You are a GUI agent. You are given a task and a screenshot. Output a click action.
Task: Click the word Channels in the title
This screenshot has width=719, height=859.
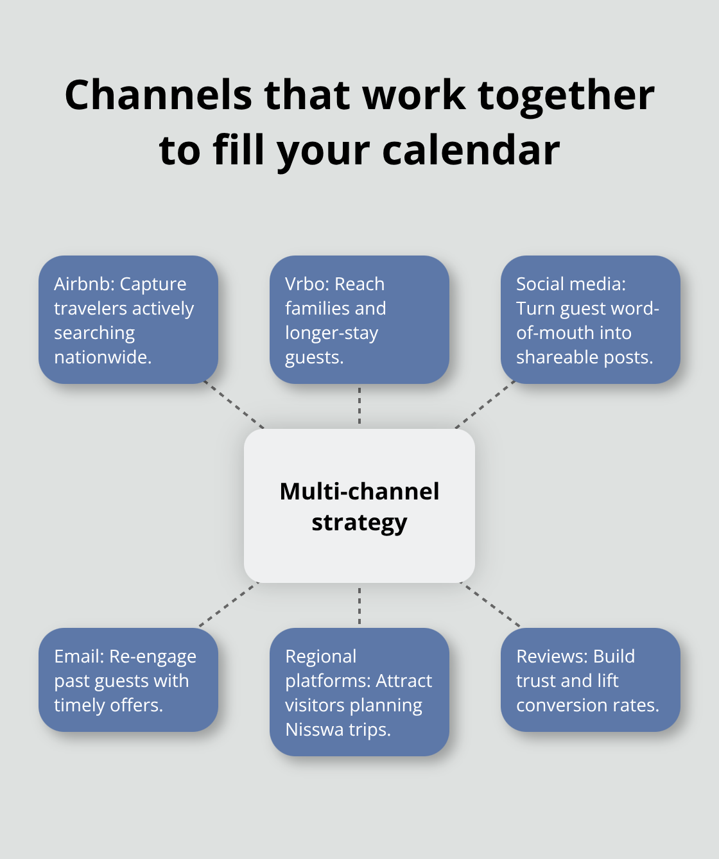(159, 96)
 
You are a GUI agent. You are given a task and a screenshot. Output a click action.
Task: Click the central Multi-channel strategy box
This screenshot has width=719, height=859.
(359, 506)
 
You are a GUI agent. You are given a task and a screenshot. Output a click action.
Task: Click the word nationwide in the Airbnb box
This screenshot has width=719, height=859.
(101, 357)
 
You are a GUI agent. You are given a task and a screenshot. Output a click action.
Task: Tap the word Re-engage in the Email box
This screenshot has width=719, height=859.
(153, 657)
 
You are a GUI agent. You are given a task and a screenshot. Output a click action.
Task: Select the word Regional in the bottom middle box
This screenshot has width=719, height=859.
(321, 657)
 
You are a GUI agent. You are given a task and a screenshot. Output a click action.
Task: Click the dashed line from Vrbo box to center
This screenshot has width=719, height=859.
(359, 406)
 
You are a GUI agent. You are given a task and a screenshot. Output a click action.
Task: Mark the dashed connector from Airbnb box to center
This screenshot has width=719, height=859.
(234, 405)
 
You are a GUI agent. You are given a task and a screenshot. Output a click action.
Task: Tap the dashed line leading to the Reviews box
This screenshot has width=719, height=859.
(490, 605)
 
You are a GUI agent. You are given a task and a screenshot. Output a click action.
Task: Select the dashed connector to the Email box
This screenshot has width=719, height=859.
(229, 605)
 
